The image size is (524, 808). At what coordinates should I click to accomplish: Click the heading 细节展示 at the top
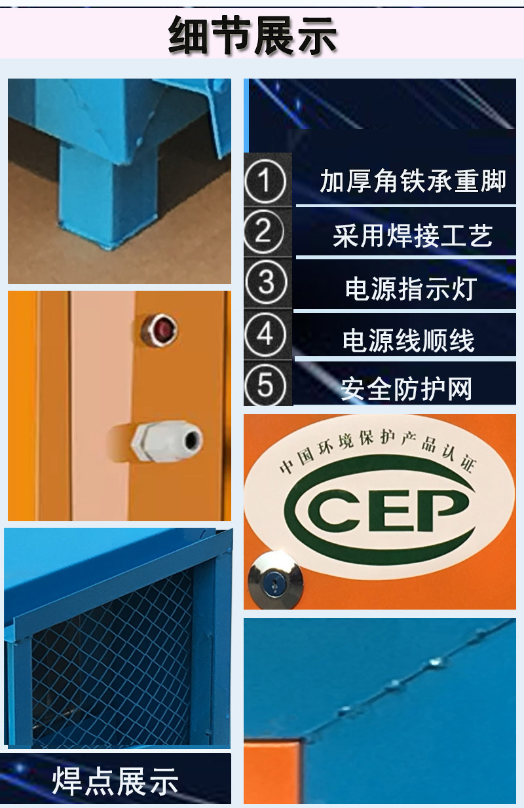[253, 35]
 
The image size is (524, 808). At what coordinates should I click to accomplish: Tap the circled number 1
[265, 181]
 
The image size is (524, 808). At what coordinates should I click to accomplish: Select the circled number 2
[265, 231]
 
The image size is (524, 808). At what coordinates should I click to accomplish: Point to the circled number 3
[266, 282]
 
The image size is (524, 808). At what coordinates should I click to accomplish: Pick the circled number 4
[265, 334]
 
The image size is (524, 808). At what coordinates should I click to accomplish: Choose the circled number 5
[265, 385]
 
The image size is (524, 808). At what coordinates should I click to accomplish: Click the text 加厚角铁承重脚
[413, 181]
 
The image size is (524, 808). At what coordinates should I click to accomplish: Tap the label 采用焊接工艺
[413, 236]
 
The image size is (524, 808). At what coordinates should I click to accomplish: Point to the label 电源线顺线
[409, 340]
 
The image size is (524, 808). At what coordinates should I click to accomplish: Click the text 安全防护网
[406, 389]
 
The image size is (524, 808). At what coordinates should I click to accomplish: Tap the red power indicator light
[159, 330]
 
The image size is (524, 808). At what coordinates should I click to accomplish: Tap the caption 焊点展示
[115, 780]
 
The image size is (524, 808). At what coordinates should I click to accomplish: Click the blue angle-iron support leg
[108, 194]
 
